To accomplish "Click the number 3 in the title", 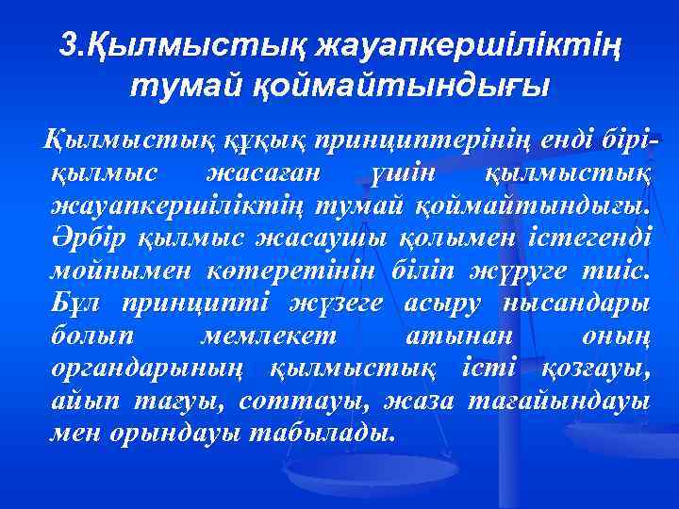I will tap(65, 44).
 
